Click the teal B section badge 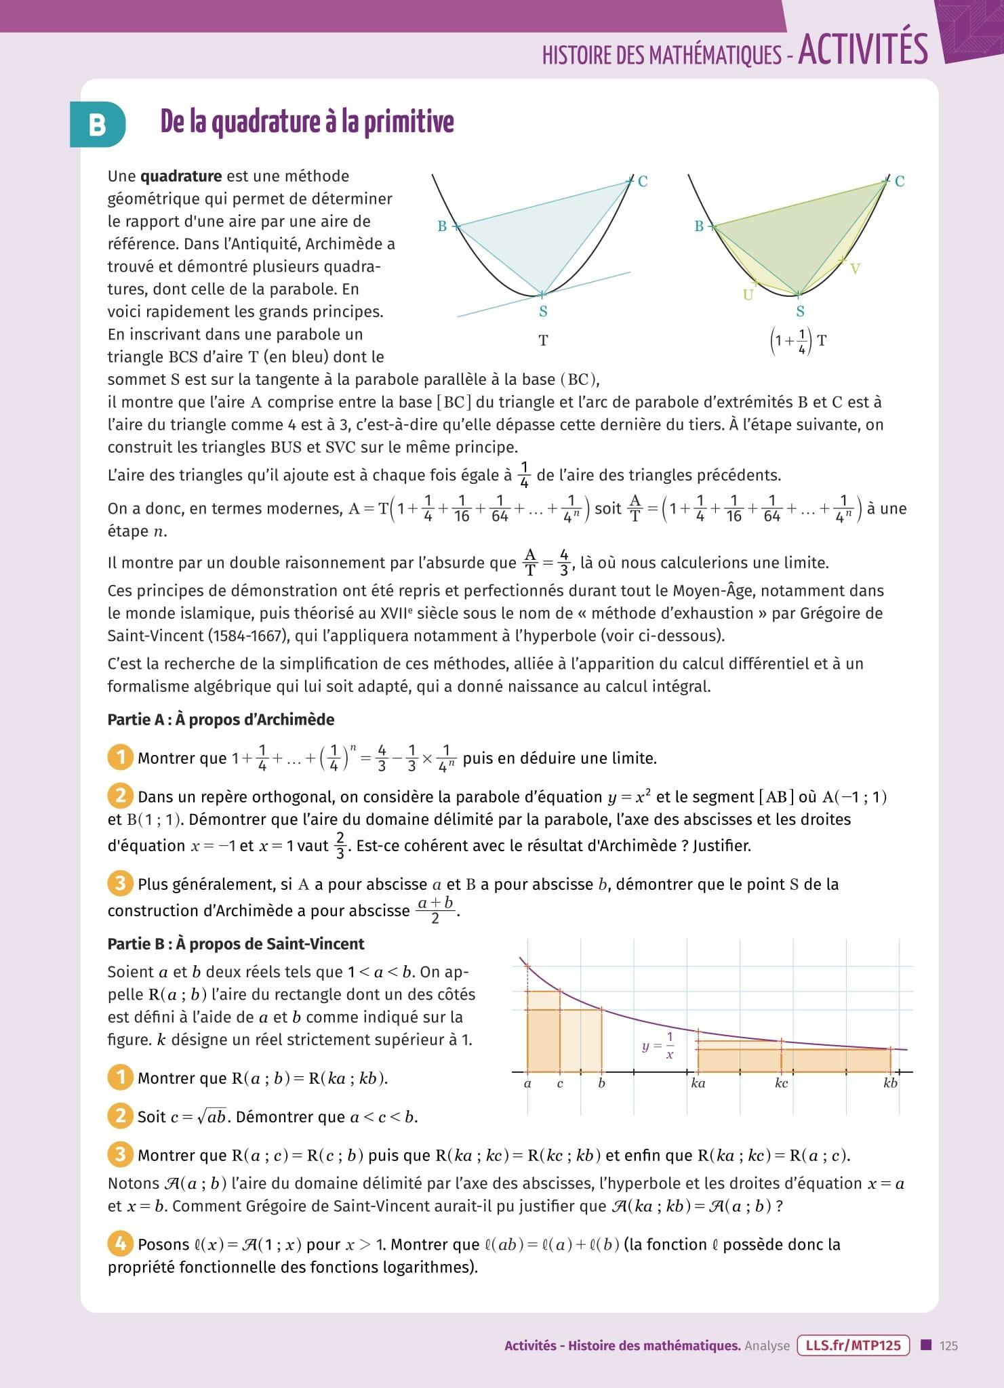click(x=98, y=125)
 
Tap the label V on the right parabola click(x=855, y=269)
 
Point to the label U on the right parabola click(x=748, y=295)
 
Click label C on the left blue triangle click(x=643, y=181)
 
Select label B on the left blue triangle click(x=442, y=226)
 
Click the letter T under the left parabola click(x=543, y=341)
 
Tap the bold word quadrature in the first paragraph click(x=181, y=176)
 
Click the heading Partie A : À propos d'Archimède click(x=221, y=719)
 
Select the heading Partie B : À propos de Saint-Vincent click(x=236, y=943)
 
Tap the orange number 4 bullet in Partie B click(x=120, y=1244)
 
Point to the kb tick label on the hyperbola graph click(x=890, y=1083)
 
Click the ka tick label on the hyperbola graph click(x=698, y=1083)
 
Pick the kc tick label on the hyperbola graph click(x=781, y=1083)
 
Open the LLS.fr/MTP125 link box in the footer click(x=854, y=1345)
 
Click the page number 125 click(x=948, y=1346)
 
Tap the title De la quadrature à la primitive click(x=307, y=122)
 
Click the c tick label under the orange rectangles click(x=560, y=1083)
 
